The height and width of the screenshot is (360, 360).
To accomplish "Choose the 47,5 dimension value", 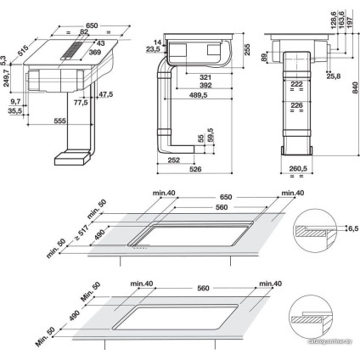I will tap(106, 94).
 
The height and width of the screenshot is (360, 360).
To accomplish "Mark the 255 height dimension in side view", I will tap(246, 50).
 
